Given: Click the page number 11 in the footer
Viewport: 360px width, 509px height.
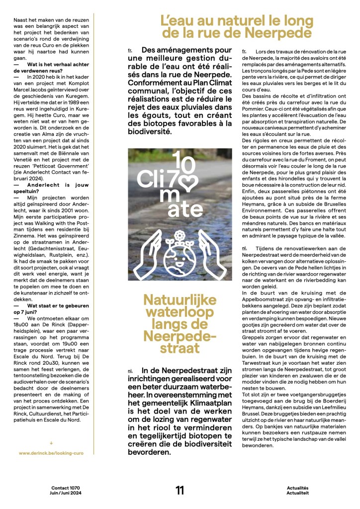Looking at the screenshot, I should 180,490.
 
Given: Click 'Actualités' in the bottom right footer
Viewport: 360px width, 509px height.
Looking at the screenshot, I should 298,488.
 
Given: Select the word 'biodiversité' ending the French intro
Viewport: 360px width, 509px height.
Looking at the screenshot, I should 149,132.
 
